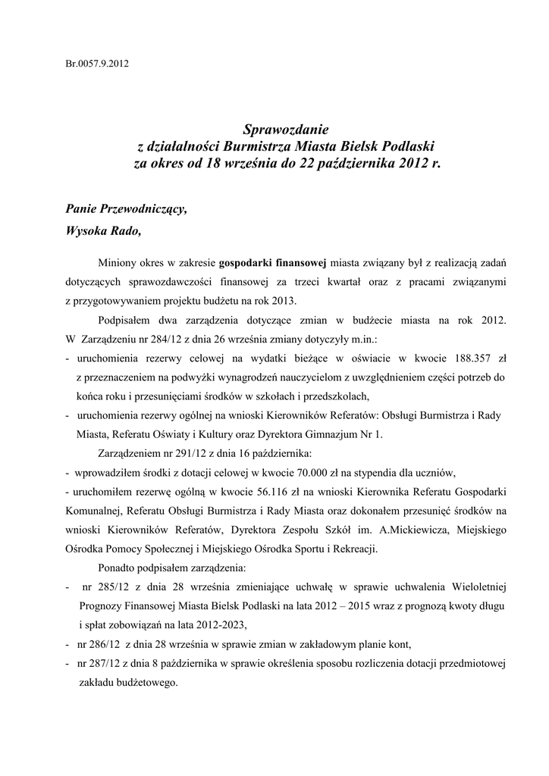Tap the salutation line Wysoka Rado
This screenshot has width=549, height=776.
(103, 231)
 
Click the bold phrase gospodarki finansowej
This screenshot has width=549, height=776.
(272, 263)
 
